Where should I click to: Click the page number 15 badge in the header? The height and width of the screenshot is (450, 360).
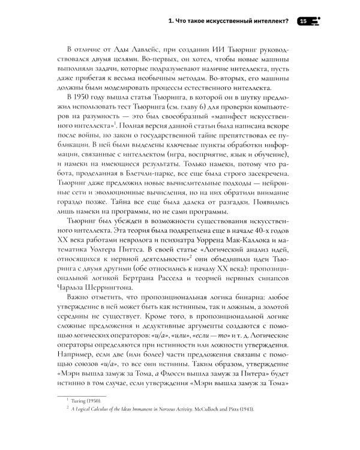(304, 21)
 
